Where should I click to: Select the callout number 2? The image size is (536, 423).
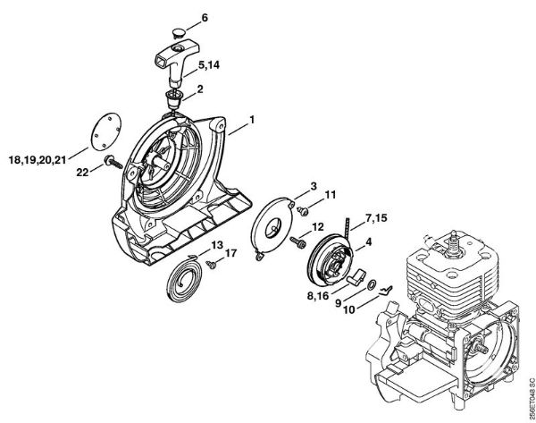click(x=200, y=89)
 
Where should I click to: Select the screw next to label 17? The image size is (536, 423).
click(x=211, y=264)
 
